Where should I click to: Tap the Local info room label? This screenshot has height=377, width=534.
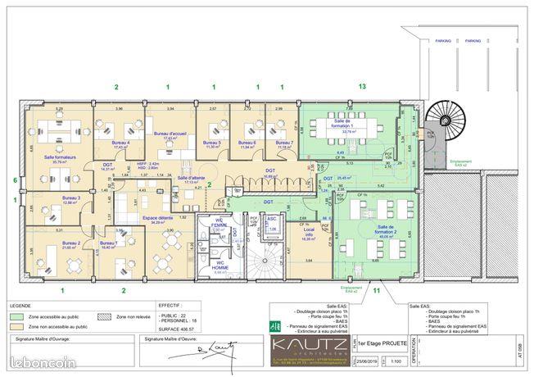click(x=308, y=235)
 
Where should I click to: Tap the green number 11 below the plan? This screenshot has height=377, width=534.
click(x=377, y=290)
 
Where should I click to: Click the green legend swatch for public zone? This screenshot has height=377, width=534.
click(x=16, y=316)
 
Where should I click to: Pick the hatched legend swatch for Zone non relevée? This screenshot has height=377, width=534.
click(x=102, y=316)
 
